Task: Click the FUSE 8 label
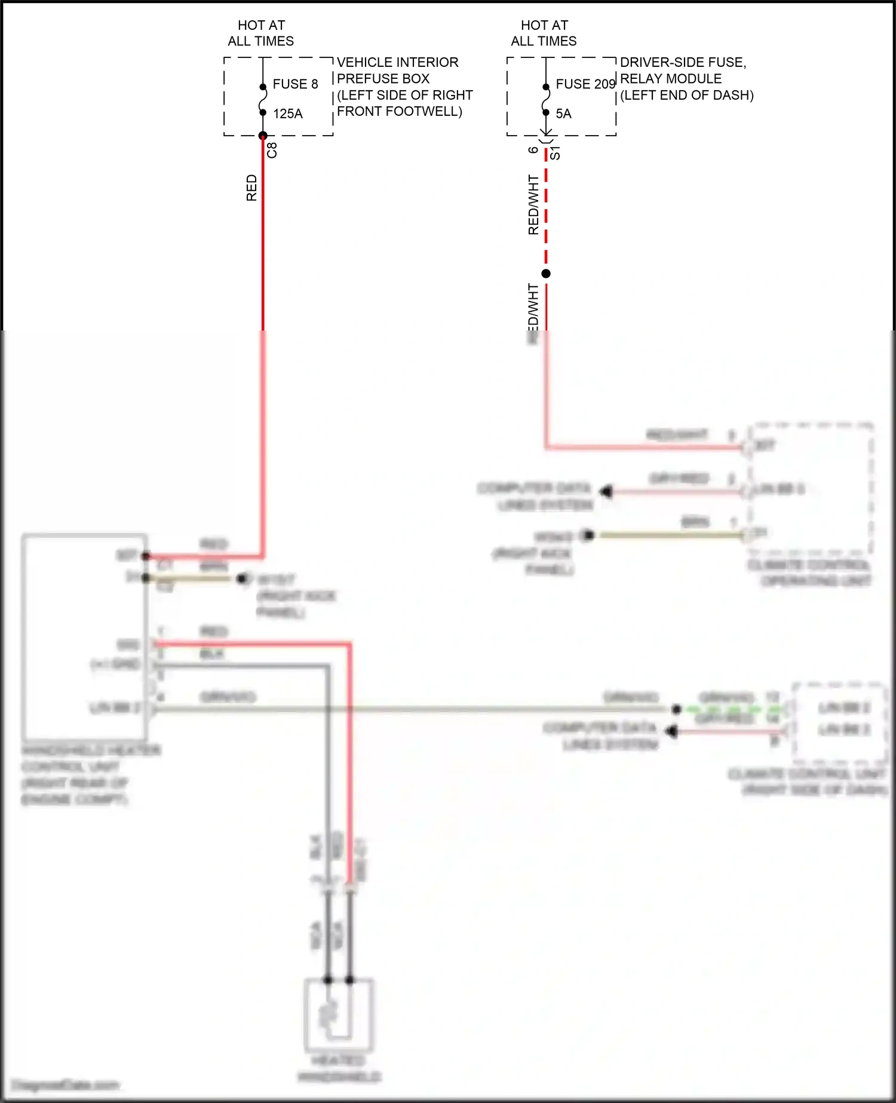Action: pyautogui.click(x=295, y=84)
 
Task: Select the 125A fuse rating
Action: pyautogui.click(x=288, y=114)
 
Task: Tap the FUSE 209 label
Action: pyautogui.click(x=585, y=84)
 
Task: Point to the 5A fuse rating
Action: pyautogui.click(x=563, y=114)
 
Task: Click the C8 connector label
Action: pyautogui.click(x=272, y=150)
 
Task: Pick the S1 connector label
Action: pyautogui.click(x=555, y=152)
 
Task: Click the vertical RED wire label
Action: pyautogui.click(x=251, y=188)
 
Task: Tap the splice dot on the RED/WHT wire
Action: pyautogui.click(x=546, y=274)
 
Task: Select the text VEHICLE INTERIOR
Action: pyautogui.click(x=397, y=62)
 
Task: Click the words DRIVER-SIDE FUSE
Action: pyautogui.click(x=683, y=62)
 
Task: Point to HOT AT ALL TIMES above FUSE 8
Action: pyautogui.click(x=261, y=33)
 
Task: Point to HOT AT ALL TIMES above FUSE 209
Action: pyautogui.click(x=544, y=33)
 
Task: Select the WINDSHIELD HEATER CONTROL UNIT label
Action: pyautogui.click(x=90, y=774)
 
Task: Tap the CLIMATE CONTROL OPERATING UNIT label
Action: pyautogui.click(x=809, y=573)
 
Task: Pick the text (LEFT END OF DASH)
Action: pyautogui.click(x=686, y=95)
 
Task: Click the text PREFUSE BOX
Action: pyautogui.click(x=383, y=78)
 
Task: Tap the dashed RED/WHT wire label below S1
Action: pyautogui.click(x=533, y=205)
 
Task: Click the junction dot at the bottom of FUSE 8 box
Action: pyautogui.click(x=263, y=136)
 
